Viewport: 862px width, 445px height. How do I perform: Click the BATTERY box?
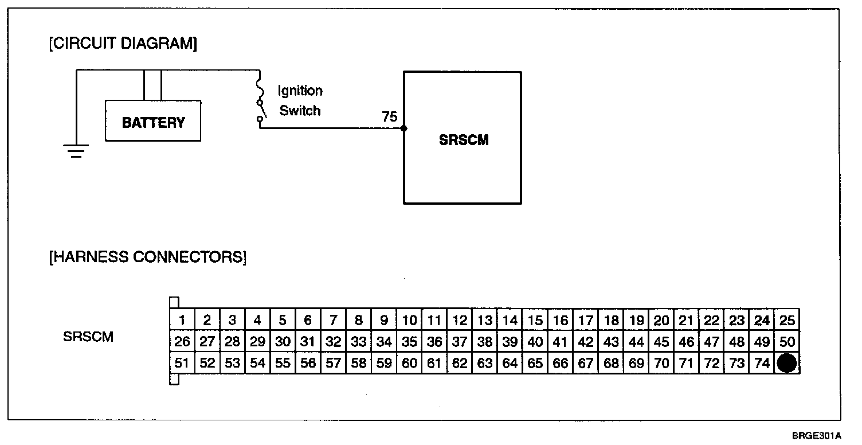(x=153, y=121)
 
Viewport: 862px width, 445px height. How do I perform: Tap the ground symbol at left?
(x=76, y=151)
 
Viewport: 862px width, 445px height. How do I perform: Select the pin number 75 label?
(x=389, y=117)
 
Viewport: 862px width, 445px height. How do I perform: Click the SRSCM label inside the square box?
(x=463, y=140)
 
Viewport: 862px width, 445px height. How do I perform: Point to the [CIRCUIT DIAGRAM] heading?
(x=123, y=45)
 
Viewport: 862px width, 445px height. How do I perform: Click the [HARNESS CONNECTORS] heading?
(x=148, y=257)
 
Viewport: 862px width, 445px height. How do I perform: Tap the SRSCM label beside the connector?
(x=88, y=337)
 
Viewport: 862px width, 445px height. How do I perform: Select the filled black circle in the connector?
(x=786, y=363)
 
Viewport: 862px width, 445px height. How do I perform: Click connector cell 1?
(x=182, y=321)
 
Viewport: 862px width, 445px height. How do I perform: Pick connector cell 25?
(x=787, y=321)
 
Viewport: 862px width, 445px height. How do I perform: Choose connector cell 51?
(x=182, y=363)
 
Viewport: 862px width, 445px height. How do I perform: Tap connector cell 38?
(x=485, y=342)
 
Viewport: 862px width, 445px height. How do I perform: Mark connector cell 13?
(x=485, y=321)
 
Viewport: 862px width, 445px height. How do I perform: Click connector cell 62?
(x=460, y=363)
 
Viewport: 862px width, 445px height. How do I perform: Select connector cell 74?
(x=762, y=363)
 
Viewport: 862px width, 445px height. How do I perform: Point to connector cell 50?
(x=787, y=342)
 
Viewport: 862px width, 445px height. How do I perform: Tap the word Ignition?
(x=300, y=91)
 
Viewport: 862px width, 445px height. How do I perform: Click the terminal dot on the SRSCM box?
(x=404, y=128)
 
